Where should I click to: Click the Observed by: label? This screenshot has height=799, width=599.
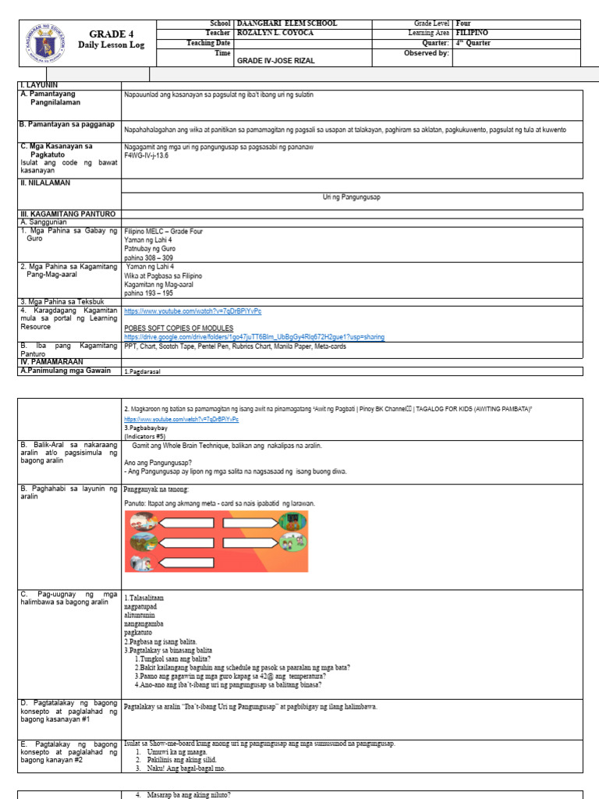426,53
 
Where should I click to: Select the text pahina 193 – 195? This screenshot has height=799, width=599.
149,291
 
